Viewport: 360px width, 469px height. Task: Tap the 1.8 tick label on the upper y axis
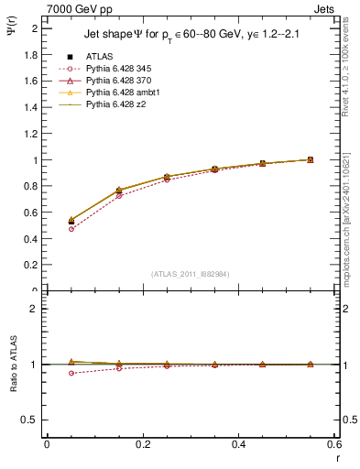coord(32,55)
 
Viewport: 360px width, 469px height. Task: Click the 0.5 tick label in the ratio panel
coord(32,420)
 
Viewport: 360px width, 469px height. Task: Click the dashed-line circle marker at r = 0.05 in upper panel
coord(71,229)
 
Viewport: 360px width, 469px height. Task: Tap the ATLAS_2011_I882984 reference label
coord(190,274)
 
